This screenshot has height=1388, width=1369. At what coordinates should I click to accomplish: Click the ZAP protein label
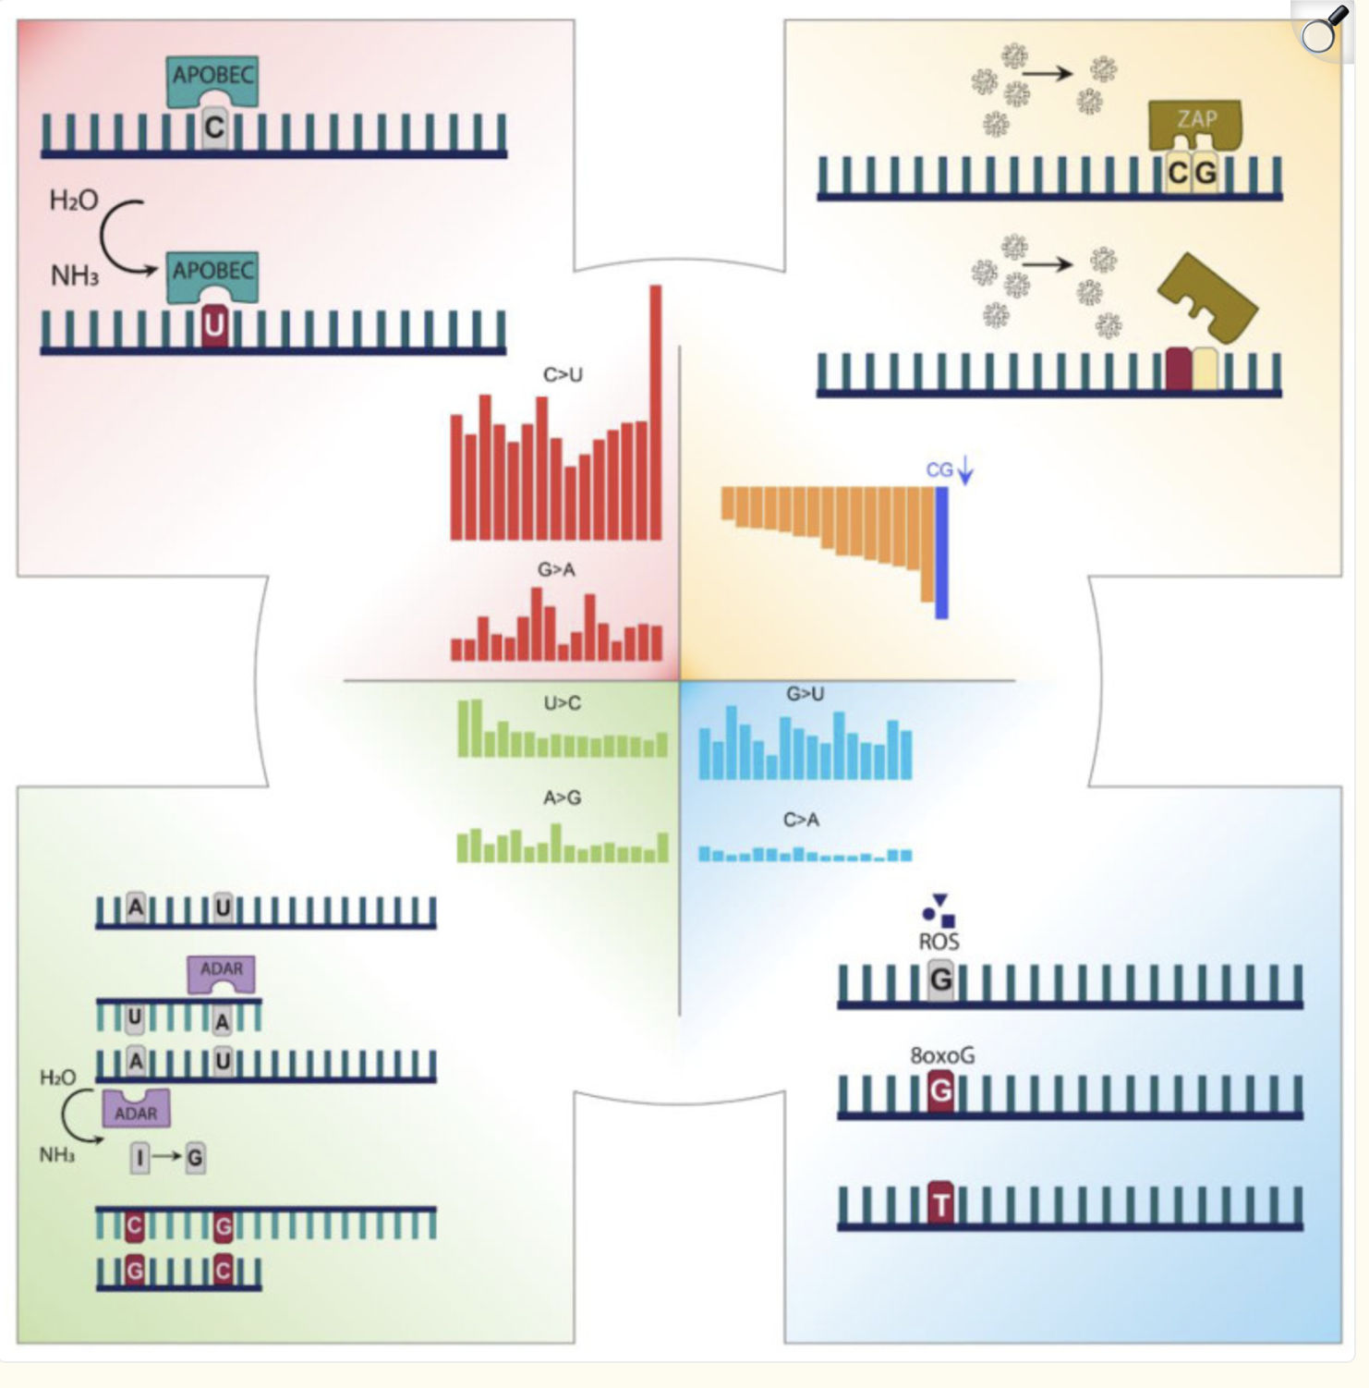tap(1196, 118)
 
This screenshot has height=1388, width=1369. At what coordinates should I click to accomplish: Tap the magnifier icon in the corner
tap(1321, 31)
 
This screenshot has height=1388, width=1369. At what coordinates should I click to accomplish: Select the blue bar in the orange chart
tap(941, 553)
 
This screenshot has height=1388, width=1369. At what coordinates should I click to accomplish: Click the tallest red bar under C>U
tap(656, 412)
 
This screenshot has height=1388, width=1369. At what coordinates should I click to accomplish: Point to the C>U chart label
tap(563, 374)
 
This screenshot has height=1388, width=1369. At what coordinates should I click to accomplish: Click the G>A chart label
tap(556, 569)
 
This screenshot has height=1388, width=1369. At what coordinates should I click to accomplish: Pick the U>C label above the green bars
tap(562, 703)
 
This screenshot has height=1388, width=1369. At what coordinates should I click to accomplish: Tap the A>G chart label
tap(562, 797)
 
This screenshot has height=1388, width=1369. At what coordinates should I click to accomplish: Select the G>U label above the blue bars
tap(805, 693)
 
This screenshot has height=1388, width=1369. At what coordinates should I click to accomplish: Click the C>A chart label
tap(801, 820)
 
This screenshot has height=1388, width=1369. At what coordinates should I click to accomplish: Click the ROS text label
tap(939, 942)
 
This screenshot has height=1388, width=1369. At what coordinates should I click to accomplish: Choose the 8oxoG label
tap(942, 1055)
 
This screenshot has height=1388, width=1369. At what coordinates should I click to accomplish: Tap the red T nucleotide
tap(940, 1203)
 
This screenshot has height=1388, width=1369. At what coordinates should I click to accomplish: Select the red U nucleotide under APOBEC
tap(214, 325)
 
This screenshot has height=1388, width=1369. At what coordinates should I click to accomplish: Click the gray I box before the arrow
tap(139, 1158)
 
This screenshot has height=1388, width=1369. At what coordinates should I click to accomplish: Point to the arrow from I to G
tap(168, 1157)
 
